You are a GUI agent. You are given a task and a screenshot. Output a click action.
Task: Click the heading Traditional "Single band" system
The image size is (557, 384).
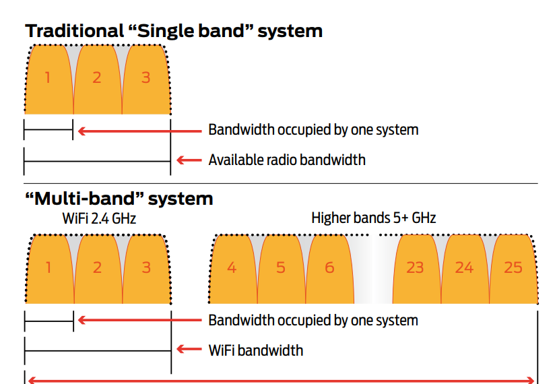(x=174, y=31)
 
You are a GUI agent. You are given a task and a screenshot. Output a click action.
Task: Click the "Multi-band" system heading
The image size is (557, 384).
(x=119, y=199)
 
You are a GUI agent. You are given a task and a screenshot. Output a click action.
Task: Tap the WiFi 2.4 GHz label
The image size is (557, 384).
(x=99, y=218)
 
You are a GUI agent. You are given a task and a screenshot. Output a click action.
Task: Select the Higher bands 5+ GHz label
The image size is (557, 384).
(x=374, y=218)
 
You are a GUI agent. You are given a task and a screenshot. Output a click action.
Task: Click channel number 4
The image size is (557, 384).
(x=232, y=267)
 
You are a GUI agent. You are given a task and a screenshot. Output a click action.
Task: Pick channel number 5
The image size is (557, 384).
(x=281, y=267)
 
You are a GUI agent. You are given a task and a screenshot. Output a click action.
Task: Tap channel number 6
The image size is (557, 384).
(x=329, y=267)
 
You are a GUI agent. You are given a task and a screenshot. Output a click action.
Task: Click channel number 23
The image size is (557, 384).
(x=415, y=267)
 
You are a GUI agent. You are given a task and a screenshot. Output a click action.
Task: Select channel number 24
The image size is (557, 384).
(x=464, y=267)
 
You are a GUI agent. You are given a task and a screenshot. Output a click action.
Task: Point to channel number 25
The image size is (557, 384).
(x=513, y=267)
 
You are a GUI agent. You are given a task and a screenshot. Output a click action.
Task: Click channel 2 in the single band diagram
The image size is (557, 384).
(x=96, y=77)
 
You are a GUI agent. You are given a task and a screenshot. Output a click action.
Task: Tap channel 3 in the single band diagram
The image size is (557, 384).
(x=145, y=77)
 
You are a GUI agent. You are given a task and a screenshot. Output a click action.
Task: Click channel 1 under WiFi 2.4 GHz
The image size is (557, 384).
(x=48, y=267)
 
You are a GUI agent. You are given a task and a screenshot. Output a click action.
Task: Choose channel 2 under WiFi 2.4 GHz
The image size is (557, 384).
(x=97, y=267)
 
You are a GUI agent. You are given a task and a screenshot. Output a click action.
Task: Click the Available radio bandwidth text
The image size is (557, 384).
(x=287, y=160)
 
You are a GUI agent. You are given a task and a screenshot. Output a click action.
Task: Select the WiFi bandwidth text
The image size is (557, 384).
(x=256, y=350)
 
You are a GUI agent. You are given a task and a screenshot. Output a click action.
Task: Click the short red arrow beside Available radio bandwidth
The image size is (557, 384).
(x=189, y=160)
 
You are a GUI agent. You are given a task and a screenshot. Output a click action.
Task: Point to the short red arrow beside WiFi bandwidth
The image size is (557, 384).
(x=189, y=349)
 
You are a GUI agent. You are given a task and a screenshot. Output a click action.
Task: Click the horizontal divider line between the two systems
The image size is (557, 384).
(x=281, y=184)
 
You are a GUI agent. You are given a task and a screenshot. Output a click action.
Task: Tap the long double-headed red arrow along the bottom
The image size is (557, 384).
(x=281, y=381)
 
